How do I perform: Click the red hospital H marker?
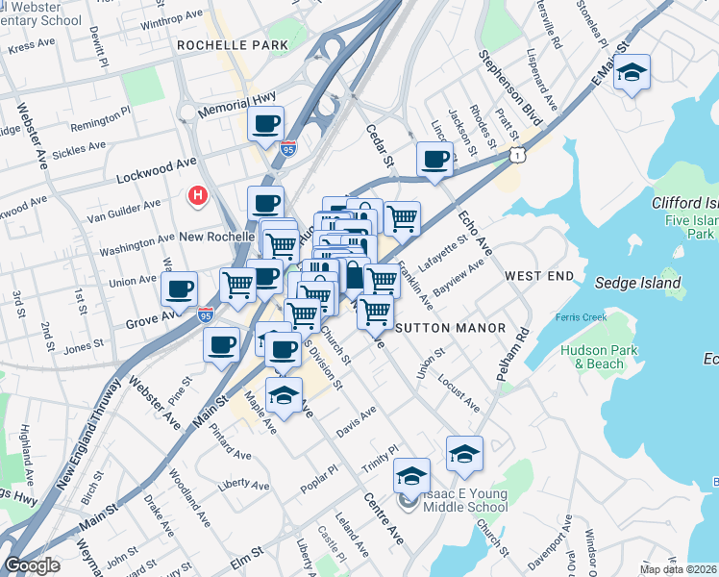pos(198,196)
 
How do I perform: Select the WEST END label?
pos(539,276)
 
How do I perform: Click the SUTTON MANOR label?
pos(451,328)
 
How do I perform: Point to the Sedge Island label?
pos(637,283)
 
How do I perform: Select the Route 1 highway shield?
pos(518,154)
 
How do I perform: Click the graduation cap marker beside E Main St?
pos(632,72)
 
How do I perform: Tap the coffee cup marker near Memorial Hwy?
pos(266,123)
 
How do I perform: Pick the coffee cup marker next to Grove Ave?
pos(179,288)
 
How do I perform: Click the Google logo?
pos(32,565)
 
